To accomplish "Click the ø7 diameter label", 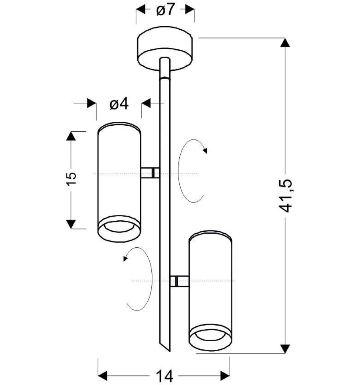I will click(x=165, y=10).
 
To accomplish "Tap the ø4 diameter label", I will click(x=119, y=105).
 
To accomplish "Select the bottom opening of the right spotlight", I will click(x=210, y=335).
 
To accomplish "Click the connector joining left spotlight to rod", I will click(x=150, y=173).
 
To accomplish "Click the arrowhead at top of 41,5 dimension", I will click(x=285, y=43).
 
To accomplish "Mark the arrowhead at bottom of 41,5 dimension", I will click(x=285, y=349).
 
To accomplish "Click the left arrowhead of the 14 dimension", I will click(x=103, y=375).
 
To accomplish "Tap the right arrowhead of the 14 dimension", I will click(x=225, y=375).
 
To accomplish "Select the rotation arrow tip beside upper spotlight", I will click(x=205, y=150).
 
